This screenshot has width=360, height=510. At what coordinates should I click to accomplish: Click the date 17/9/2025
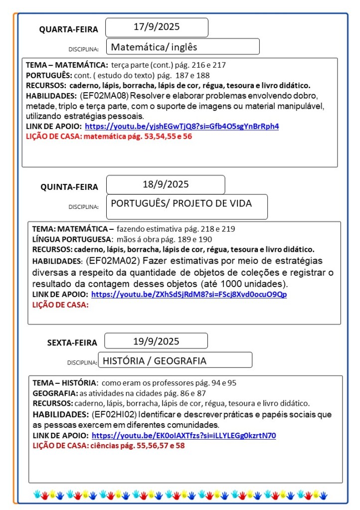pos(157,27)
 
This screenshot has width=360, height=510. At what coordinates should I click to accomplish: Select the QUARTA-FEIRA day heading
pos(69,29)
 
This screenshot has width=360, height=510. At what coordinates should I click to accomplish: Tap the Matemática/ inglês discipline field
pos(154,47)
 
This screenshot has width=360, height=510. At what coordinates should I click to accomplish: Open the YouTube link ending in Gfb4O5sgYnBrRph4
pos(182,126)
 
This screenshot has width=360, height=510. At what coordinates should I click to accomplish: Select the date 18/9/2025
pos(166,184)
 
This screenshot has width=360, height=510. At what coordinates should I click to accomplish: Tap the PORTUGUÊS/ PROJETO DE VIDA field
pos(181,203)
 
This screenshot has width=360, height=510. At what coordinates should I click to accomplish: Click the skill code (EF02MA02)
pos(114,261)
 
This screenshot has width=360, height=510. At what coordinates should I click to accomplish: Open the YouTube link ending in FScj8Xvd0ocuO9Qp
pos(189,294)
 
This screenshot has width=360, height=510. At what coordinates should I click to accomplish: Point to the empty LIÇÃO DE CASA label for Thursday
pos(60,305)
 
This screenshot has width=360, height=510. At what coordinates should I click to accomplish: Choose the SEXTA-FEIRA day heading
pos(72,342)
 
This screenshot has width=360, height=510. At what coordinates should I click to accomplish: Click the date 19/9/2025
pos(156,341)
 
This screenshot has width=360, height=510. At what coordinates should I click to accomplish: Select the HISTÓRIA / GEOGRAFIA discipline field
pos(154,360)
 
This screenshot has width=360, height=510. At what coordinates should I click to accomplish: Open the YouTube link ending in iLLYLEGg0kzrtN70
pos(183,435)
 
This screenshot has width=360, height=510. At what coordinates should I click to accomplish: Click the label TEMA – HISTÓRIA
pos(64,383)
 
